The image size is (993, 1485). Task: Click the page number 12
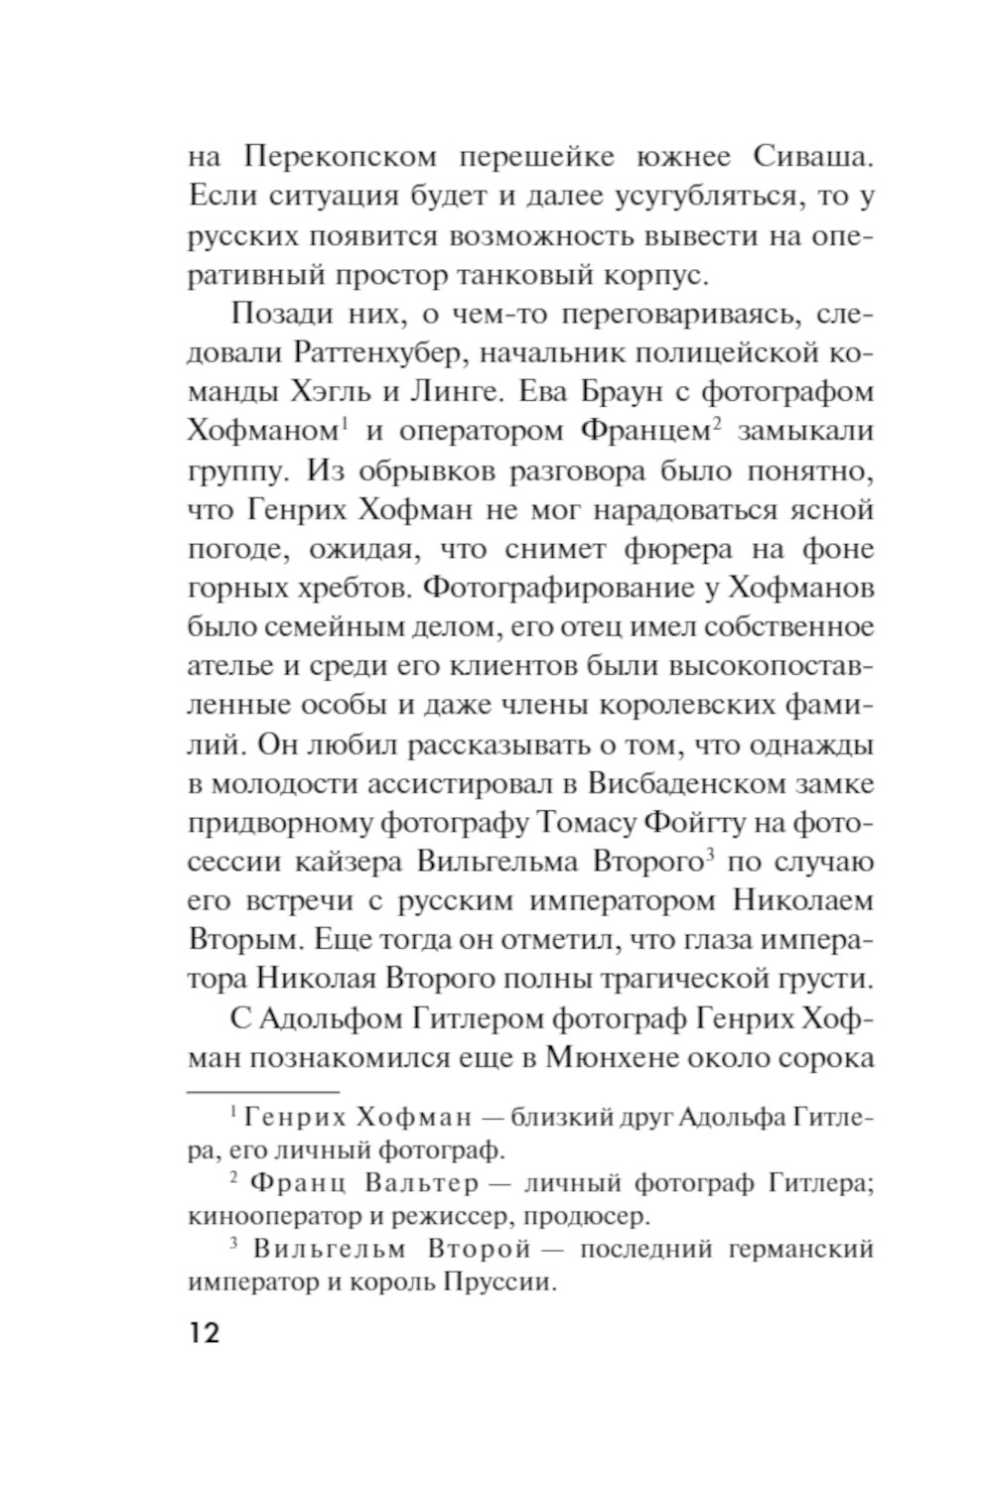pos(203,1332)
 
